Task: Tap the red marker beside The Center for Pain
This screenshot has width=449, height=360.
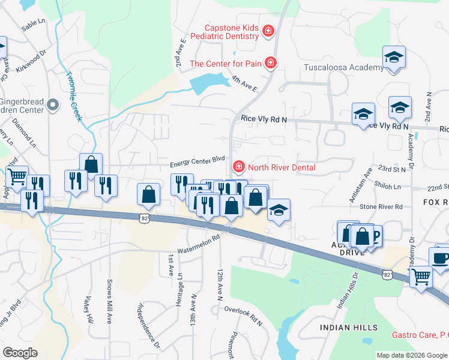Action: pyautogui.click(x=271, y=62)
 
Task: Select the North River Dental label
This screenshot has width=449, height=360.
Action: pyautogui.click(x=282, y=167)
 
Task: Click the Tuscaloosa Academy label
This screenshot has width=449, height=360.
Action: pyautogui.click(x=343, y=67)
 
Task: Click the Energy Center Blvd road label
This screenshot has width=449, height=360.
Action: pyautogui.click(x=197, y=160)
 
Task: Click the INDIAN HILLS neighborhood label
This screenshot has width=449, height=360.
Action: pyautogui.click(x=349, y=328)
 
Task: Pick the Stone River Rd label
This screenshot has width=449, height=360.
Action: pyautogui.click(x=381, y=207)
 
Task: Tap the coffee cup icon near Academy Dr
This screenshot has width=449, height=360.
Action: pyautogui.click(x=441, y=258)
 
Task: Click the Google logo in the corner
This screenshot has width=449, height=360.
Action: pyautogui.click(x=20, y=352)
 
